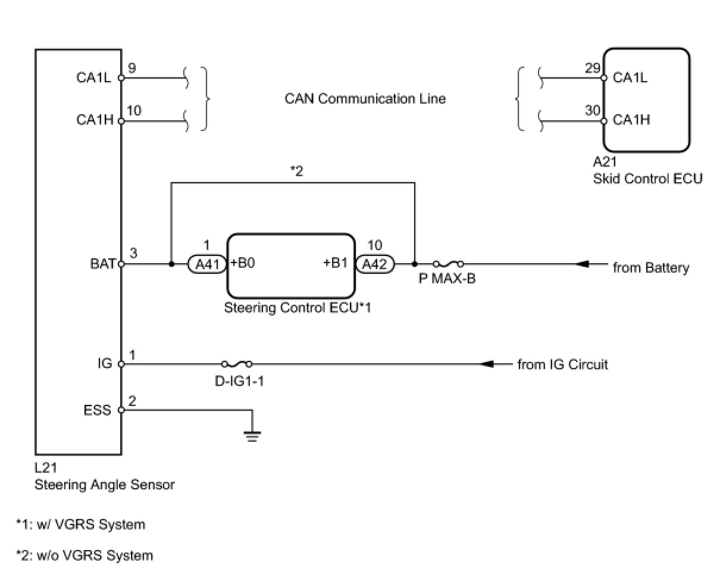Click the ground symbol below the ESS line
coord(252,436)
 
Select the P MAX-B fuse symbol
coord(448,264)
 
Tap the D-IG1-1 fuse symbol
coord(237,364)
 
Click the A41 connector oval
coord(207,264)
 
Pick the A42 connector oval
coord(375,264)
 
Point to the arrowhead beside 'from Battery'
coord(582,264)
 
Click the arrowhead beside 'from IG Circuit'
coord(487,364)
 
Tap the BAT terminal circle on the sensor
coord(121,264)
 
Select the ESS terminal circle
coord(121,410)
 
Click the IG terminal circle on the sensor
coord(121,364)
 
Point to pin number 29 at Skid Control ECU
coord(593,68)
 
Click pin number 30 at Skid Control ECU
coord(593,111)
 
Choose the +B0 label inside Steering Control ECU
coord(243,263)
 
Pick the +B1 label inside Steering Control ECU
coord(336,263)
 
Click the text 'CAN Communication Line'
coord(365,99)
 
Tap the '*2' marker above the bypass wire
coord(297,171)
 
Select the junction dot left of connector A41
coord(171,264)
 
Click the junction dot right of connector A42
coord(415,264)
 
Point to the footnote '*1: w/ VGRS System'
coord(81,524)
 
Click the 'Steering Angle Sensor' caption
coord(105,485)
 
